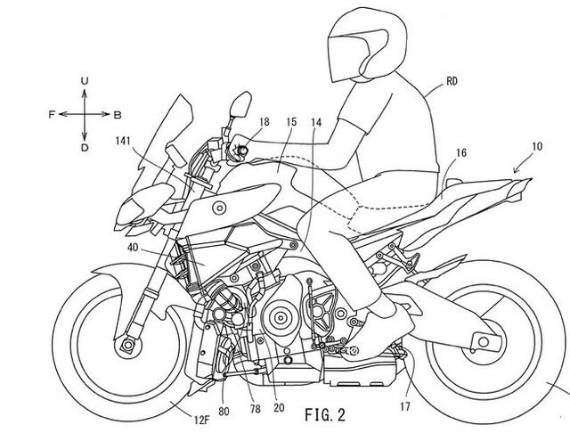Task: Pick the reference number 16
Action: tap(460, 153)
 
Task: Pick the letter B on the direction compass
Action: tap(118, 114)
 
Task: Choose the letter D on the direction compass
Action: tap(85, 147)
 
